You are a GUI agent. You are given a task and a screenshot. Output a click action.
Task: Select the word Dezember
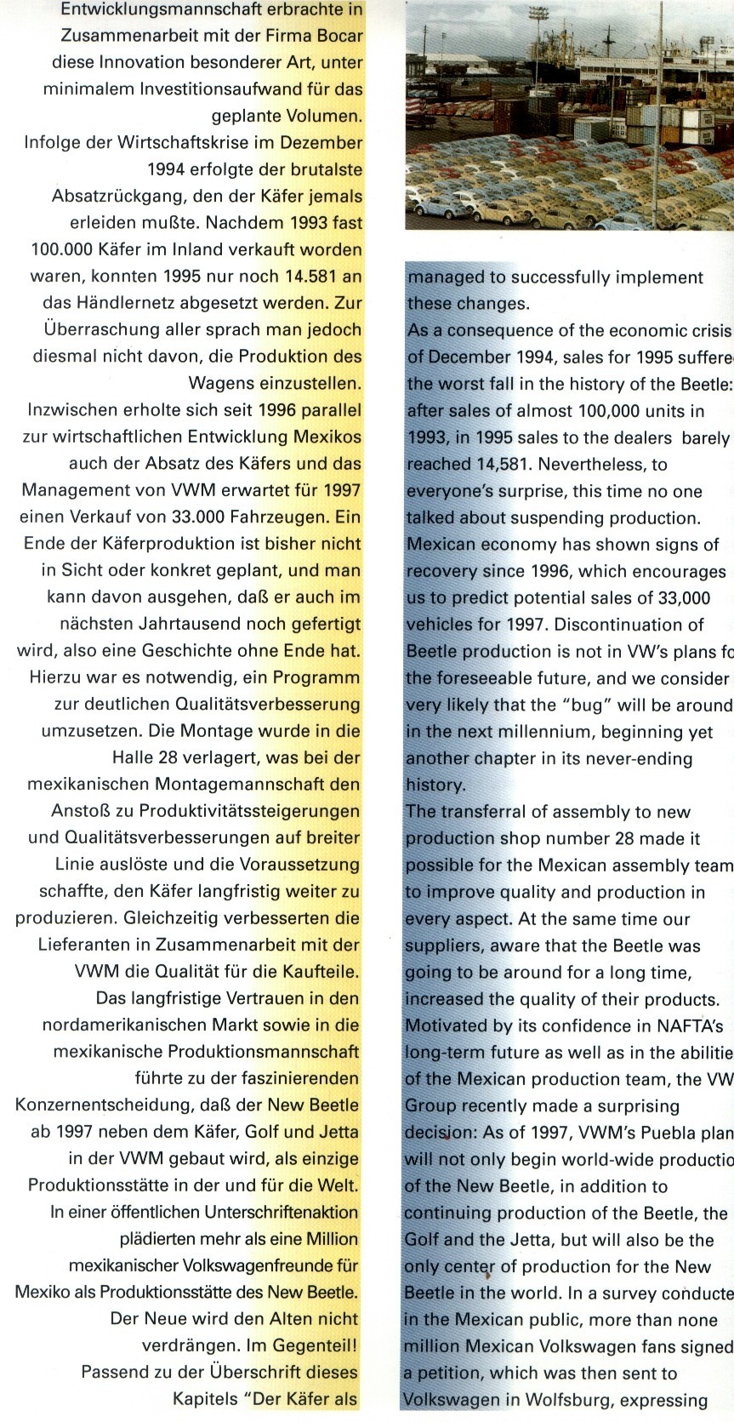point(321,142)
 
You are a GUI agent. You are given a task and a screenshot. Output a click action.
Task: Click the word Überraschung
point(97,329)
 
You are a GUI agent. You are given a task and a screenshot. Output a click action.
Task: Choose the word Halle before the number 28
point(135,757)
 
